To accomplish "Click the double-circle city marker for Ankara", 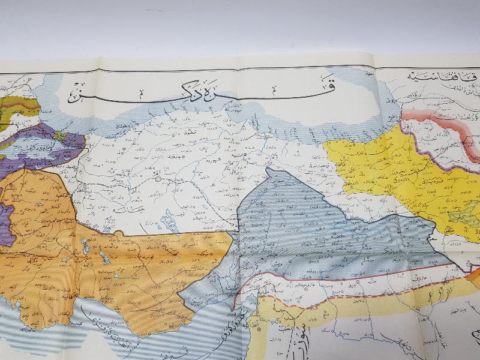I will coord(158,178).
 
